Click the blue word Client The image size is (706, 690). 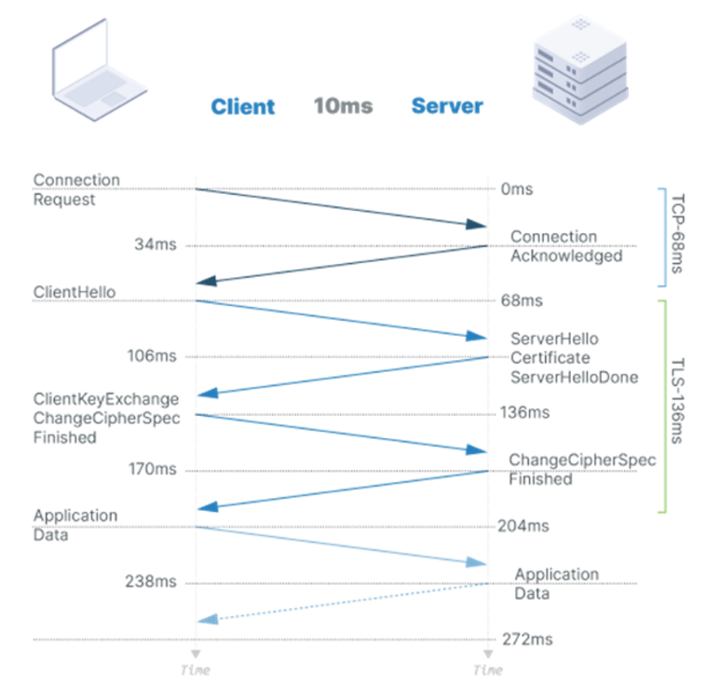pyautogui.click(x=243, y=106)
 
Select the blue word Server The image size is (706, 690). pyautogui.click(x=447, y=105)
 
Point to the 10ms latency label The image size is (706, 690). pyautogui.click(x=343, y=105)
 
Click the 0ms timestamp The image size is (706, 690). pyautogui.click(x=517, y=189)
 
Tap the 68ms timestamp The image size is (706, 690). pyautogui.click(x=521, y=301)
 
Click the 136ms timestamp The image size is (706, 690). pyautogui.click(x=524, y=412)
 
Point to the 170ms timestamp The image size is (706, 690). pyautogui.click(x=153, y=469)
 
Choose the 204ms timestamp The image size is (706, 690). pyautogui.click(x=524, y=526)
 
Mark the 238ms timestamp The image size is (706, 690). pyautogui.click(x=151, y=582)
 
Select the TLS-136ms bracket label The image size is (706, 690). pyautogui.click(x=677, y=403)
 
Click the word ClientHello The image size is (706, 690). pyautogui.click(x=75, y=292)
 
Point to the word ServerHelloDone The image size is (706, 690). pyautogui.click(x=574, y=378)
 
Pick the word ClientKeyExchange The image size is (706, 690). pyautogui.click(x=105, y=399)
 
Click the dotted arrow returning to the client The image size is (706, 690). pyautogui.click(x=345, y=601)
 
